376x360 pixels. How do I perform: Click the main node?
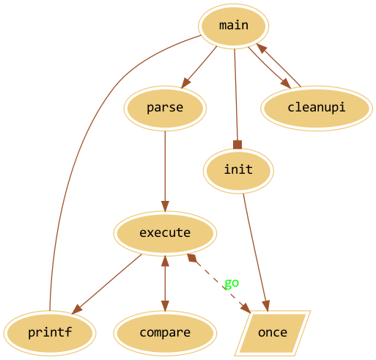click(x=233, y=26)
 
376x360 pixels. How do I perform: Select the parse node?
click(x=165, y=109)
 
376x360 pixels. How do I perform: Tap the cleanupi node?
click(x=317, y=109)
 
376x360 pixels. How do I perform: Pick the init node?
click(x=238, y=171)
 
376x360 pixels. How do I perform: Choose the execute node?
click(x=165, y=233)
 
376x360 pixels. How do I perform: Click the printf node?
click(x=50, y=333)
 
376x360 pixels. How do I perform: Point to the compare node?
click(x=165, y=333)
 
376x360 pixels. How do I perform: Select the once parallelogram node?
click(x=273, y=333)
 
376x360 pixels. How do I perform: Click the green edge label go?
click(x=232, y=283)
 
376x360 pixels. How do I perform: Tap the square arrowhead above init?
click(x=237, y=144)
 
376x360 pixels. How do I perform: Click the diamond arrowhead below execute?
click(x=192, y=258)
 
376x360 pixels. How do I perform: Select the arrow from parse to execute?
click(x=165, y=171)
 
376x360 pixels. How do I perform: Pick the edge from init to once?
click(x=256, y=252)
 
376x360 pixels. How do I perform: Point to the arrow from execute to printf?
click(x=107, y=284)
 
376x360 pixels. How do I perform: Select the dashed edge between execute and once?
click(x=219, y=283)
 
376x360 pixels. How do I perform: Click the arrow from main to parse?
click(x=199, y=67)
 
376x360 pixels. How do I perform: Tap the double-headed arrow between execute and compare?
click(x=165, y=283)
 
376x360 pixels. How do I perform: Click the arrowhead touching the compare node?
click(x=165, y=306)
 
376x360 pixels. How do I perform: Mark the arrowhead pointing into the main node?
click(x=262, y=48)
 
